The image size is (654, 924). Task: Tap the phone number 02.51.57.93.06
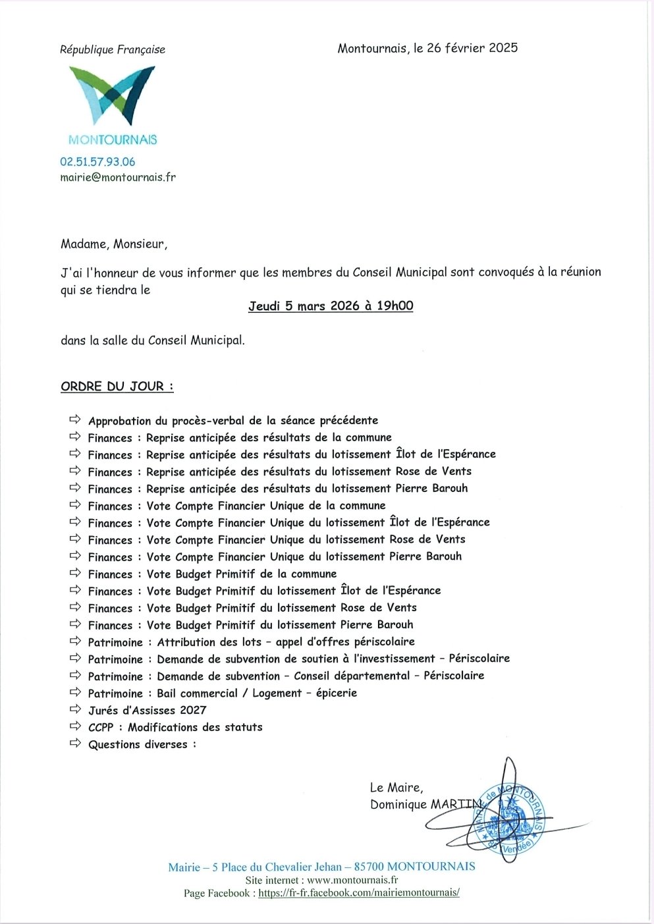(97, 161)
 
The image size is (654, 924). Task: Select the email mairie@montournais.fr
(118, 177)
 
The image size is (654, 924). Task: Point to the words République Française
(113, 49)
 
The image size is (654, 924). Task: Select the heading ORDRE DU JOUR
(117, 387)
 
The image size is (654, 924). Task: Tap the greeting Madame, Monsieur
(114, 244)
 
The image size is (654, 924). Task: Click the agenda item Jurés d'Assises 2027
(147, 710)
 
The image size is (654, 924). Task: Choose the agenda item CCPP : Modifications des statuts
(175, 727)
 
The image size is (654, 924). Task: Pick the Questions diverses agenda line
(142, 744)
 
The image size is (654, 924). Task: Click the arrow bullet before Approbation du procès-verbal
(75, 420)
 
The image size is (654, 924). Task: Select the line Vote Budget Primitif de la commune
(242, 574)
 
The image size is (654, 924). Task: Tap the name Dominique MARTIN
(426, 804)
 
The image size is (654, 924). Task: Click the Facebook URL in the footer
(358, 893)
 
